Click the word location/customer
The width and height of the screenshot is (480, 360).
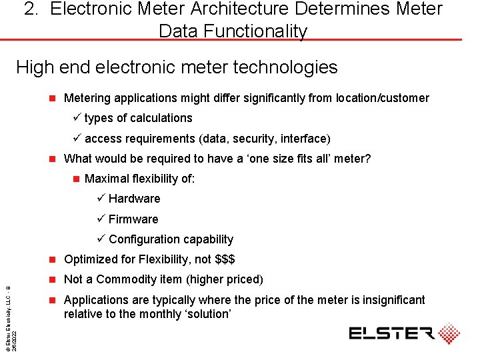(383, 98)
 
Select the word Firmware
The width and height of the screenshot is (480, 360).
(133, 219)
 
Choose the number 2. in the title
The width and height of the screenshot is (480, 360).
(31, 9)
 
